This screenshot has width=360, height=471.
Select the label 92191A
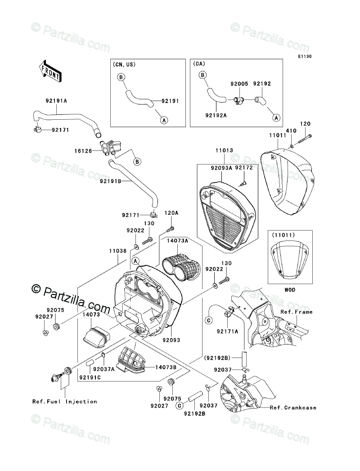click(56, 101)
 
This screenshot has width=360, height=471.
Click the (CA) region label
click(199, 65)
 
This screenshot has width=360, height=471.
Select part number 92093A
click(220, 168)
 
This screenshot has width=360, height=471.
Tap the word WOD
click(290, 290)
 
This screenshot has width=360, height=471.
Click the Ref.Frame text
click(296, 312)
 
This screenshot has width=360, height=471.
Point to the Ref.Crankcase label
click(293, 408)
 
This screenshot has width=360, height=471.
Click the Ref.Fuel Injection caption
click(64, 402)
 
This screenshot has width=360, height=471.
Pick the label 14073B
click(166, 367)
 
